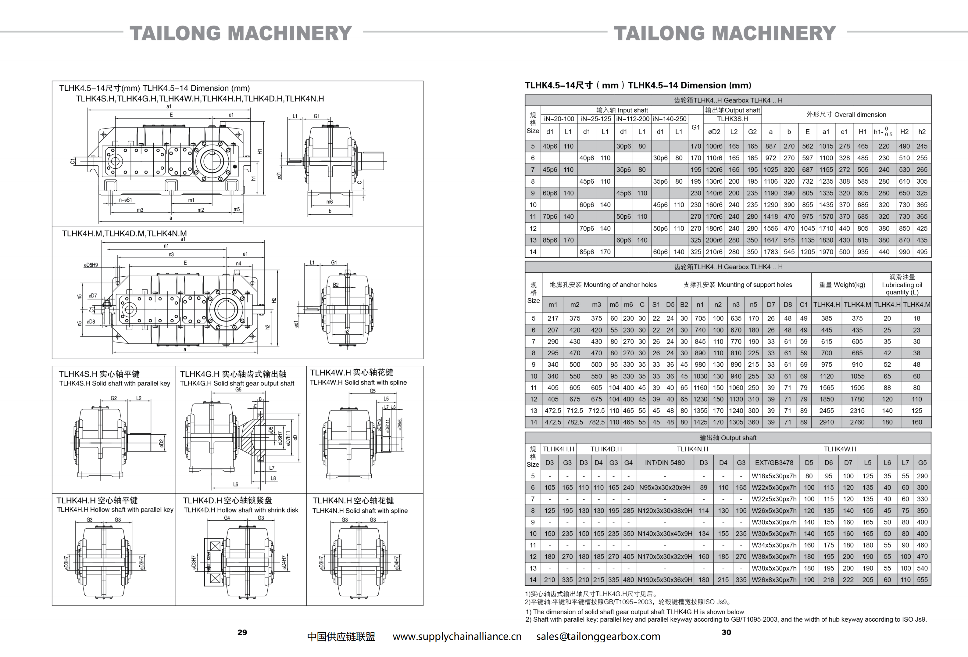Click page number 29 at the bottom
click(242, 632)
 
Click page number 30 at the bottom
click(726, 632)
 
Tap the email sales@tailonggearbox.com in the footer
click(598, 637)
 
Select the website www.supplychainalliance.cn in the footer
click(457, 637)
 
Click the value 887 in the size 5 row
click(770, 146)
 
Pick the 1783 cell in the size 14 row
click(770, 252)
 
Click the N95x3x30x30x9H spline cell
click(665, 487)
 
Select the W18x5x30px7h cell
click(774, 476)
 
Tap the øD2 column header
click(714, 132)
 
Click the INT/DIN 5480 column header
click(665, 462)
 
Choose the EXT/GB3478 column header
click(774, 462)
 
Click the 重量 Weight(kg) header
click(842, 285)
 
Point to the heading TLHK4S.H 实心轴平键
click(99, 374)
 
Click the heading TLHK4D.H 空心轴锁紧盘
click(227, 500)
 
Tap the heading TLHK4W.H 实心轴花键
click(352, 372)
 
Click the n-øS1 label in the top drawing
click(125, 200)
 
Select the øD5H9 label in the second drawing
click(91, 265)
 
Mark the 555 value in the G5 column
click(922, 580)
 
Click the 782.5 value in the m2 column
click(575, 422)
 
